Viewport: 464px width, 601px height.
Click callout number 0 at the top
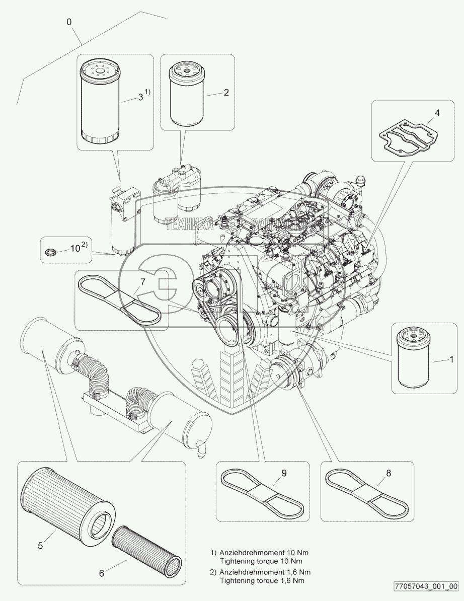[69, 22]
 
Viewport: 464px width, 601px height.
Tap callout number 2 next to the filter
[226, 92]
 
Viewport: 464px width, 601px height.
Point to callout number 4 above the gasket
[437, 113]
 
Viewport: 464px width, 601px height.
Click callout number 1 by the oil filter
[451, 359]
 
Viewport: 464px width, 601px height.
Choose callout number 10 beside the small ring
[75, 248]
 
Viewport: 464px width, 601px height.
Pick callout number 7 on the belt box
[142, 281]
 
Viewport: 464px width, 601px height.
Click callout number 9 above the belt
[284, 473]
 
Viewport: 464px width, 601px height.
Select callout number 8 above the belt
[388, 473]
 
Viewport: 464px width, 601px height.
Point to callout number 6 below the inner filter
[101, 573]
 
